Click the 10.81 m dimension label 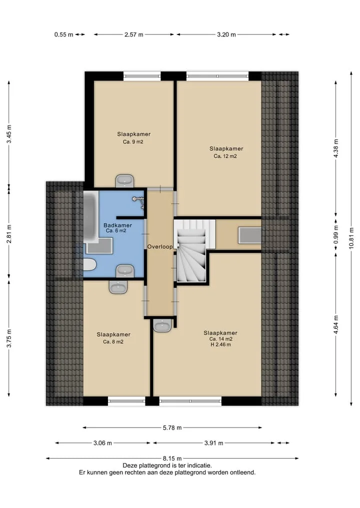(x=351, y=238)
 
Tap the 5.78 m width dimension (x=172, y=428)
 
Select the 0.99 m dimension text (x=335, y=235)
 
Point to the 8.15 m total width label (x=172, y=459)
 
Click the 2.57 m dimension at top (x=134, y=34)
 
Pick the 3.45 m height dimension (x=9, y=134)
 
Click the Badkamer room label (x=117, y=225)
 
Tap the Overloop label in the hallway (x=160, y=247)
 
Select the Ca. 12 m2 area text (x=225, y=156)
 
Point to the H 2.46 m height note (x=220, y=344)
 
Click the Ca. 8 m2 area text (x=113, y=342)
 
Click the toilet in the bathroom (x=89, y=264)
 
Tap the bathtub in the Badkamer (x=91, y=216)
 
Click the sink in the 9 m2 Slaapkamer (x=124, y=181)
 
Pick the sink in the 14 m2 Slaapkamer (x=162, y=326)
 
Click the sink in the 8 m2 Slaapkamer (x=118, y=287)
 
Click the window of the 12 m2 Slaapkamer (x=217, y=76)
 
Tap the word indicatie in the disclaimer (x=199, y=466)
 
